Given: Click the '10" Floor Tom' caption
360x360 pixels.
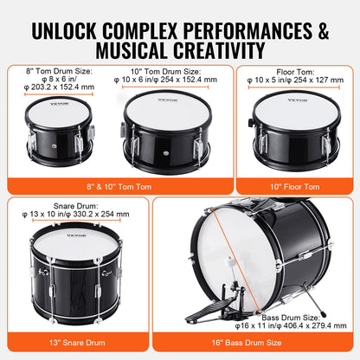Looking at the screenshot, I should pyautogui.click(x=293, y=186).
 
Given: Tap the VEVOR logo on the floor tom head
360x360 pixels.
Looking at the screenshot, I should pyautogui.click(x=299, y=103).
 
